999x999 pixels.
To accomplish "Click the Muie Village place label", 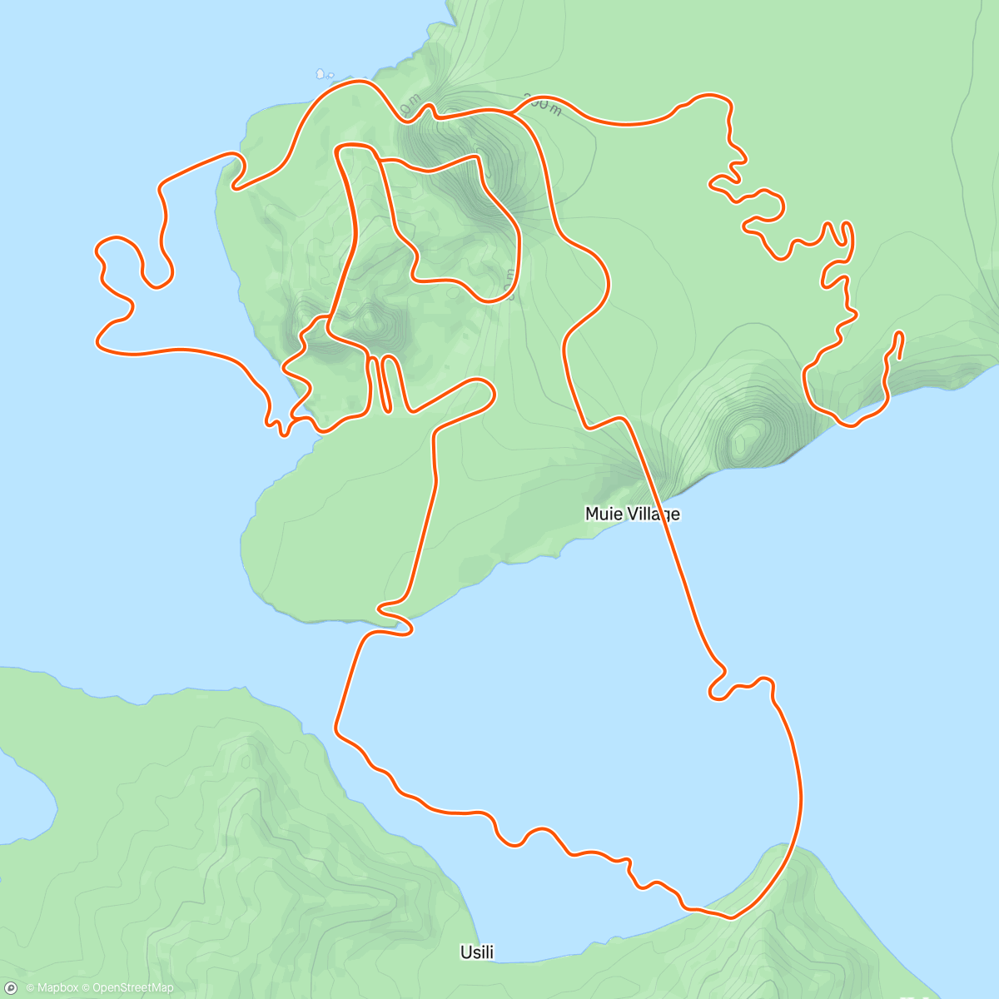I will click(x=632, y=514).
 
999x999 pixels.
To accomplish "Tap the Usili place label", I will click(x=477, y=952).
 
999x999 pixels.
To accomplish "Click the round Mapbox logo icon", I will click(x=11, y=988).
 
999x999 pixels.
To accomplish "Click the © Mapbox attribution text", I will click(x=52, y=988).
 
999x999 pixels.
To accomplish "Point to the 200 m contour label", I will click(x=543, y=106).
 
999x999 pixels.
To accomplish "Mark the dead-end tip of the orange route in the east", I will click(x=900, y=335).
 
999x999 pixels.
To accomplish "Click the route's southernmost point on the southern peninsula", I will click(x=731, y=917).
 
